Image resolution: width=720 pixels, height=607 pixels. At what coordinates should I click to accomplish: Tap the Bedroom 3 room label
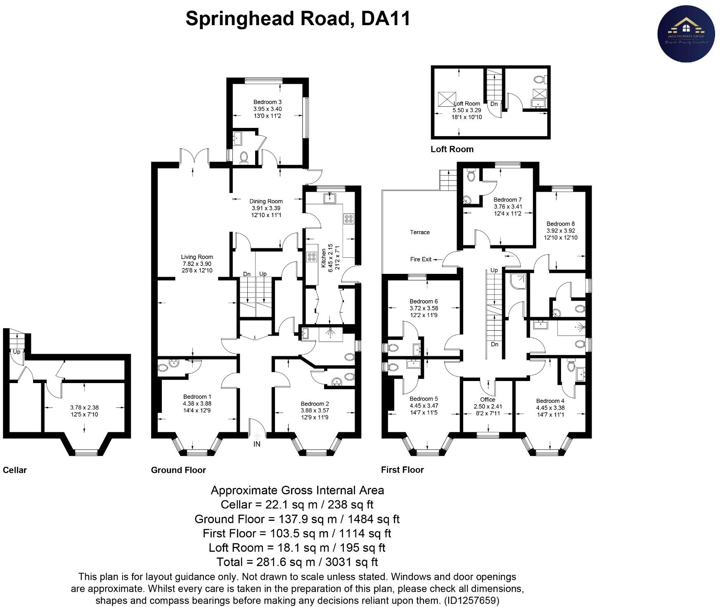[x=267, y=102]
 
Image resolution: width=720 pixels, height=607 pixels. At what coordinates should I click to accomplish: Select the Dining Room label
[x=266, y=201]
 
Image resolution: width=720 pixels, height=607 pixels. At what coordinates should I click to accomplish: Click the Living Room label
[x=197, y=257]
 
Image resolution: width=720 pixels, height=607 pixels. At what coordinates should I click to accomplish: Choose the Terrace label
[x=419, y=232]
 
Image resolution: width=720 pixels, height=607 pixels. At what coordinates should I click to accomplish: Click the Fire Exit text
[x=421, y=259]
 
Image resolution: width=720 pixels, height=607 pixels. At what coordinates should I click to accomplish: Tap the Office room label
[x=488, y=399]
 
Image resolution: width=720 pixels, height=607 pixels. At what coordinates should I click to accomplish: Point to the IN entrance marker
[x=257, y=444]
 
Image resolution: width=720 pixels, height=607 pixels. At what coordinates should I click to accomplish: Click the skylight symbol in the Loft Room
[x=446, y=99]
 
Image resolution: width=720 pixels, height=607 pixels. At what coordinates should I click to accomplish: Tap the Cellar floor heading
[x=15, y=470]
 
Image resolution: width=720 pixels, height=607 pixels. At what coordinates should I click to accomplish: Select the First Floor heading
[x=402, y=470]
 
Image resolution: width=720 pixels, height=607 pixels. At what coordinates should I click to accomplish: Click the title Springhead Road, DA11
[x=298, y=19]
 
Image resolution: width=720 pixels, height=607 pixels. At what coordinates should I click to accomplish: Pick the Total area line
[x=297, y=562]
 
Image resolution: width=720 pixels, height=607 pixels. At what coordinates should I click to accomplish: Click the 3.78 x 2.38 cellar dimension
[x=84, y=407]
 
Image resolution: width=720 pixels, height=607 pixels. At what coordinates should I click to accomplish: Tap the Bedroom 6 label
[x=424, y=301]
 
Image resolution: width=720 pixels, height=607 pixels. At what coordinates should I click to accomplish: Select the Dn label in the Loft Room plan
[x=494, y=104]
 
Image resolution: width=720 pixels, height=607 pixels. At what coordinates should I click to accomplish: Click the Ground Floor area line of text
[x=297, y=519]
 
